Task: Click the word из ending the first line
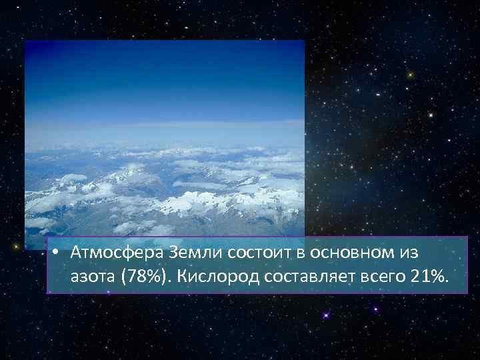click(407, 253)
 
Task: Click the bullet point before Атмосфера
click(59, 253)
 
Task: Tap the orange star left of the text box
click(15, 247)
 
